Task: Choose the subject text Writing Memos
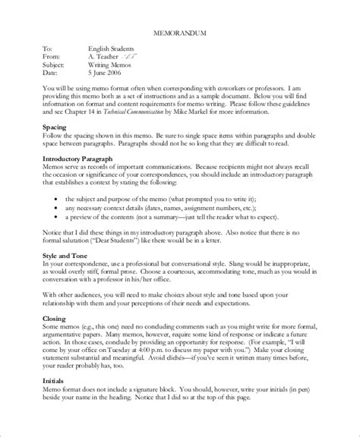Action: pyautogui.click(x=111, y=64)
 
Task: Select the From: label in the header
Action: pyautogui.click(x=52, y=57)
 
